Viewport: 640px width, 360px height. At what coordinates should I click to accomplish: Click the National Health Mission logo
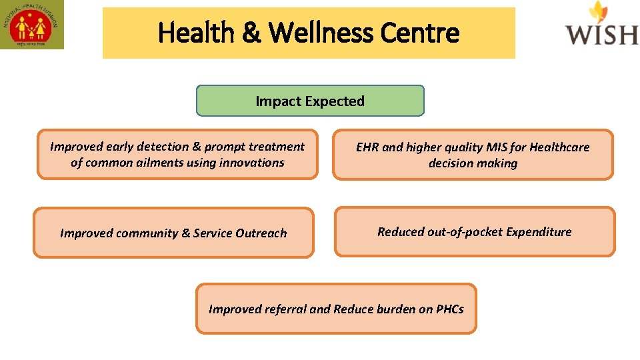click(x=32, y=25)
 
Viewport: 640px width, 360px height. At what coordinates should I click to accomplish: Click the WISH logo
click(x=601, y=25)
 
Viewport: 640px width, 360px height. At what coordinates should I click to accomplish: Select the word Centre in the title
click(x=419, y=32)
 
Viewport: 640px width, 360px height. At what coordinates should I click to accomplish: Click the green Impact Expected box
click(x=310, y=101)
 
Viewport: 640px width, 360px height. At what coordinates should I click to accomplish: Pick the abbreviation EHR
click(x=367, y=147)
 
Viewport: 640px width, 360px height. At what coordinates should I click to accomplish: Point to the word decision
click(x=450, y=163)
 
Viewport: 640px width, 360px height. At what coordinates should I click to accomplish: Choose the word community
click(x=147, y=233)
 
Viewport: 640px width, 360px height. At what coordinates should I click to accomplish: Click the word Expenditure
click(x=539, y=232)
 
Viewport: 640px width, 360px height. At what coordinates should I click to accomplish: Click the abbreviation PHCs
click(x=450, y=309)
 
